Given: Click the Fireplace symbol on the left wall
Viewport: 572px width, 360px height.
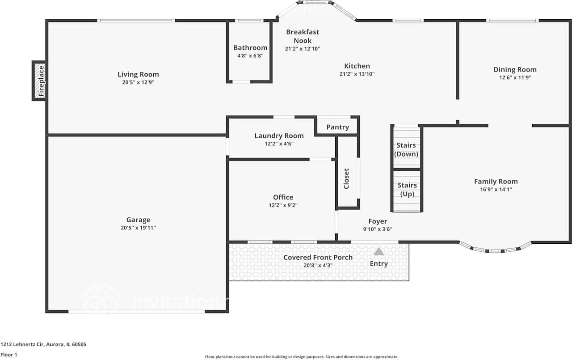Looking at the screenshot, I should tap(39, 81).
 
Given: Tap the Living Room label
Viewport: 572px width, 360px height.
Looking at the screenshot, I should tap(138, 74).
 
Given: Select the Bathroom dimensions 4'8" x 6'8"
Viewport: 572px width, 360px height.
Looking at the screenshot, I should tap(250, 56).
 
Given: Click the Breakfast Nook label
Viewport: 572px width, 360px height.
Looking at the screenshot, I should tap(303, 36).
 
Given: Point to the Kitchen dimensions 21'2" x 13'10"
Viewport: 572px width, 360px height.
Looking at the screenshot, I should tap(357, 74).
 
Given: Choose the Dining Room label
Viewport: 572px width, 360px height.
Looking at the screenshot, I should tap(515, 69).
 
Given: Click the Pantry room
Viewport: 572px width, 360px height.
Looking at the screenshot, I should tap(337, 127).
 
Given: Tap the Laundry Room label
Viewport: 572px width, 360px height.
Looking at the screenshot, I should tap(279, 136).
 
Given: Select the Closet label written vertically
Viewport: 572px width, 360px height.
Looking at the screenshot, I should tap(346, 178).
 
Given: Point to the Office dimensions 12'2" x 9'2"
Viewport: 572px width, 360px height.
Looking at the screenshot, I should tap(283, 205).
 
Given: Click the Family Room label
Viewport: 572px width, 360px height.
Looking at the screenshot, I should tap(496, 181).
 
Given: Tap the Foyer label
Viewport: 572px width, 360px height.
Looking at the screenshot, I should tap(378, 221).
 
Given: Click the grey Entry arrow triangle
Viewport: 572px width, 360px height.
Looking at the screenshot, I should tap(379, 252).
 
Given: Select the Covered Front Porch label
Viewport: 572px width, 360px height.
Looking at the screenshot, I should tap(318, 257).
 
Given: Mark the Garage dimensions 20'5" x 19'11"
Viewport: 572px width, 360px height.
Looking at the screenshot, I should tap(138, 228).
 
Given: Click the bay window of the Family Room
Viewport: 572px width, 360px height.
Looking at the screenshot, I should tap(495, 249).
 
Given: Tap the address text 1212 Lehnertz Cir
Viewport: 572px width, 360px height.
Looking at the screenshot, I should tap(43, 344).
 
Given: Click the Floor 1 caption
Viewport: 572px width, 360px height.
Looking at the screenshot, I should tap(8, 355).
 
